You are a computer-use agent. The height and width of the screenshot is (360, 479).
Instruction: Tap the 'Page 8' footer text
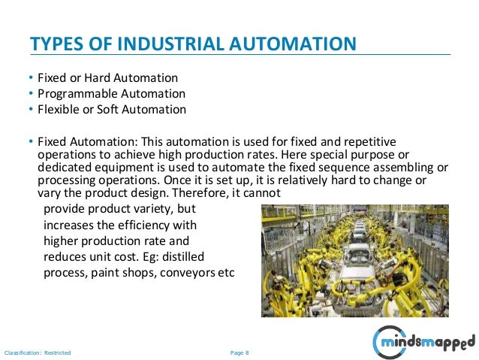[239, 352]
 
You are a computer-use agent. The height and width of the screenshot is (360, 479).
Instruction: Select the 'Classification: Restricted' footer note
[38, 352]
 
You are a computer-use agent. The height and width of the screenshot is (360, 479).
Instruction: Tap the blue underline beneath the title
[239, 55]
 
